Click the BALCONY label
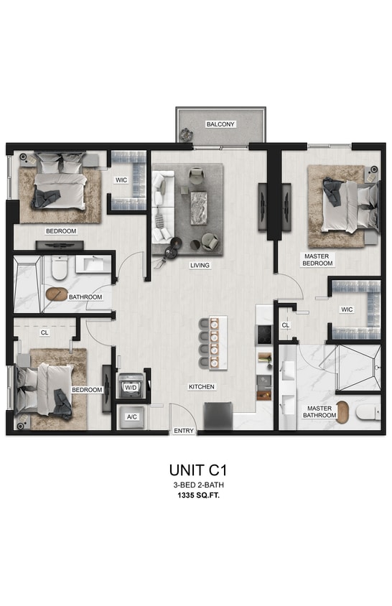pos(220,124)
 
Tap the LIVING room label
pos(200,265)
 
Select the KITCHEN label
pos(202,387)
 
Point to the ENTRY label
pos(183,432)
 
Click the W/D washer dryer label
pos(131,387)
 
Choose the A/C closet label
pos(132,416)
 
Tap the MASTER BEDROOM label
pos(317,258)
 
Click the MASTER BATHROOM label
pos(319,411)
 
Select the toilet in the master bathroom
pos(368,411)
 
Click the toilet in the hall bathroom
pos(59,269)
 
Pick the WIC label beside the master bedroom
pos(346,309)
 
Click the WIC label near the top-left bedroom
pos(122,180)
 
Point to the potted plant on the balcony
pos(187,132)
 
